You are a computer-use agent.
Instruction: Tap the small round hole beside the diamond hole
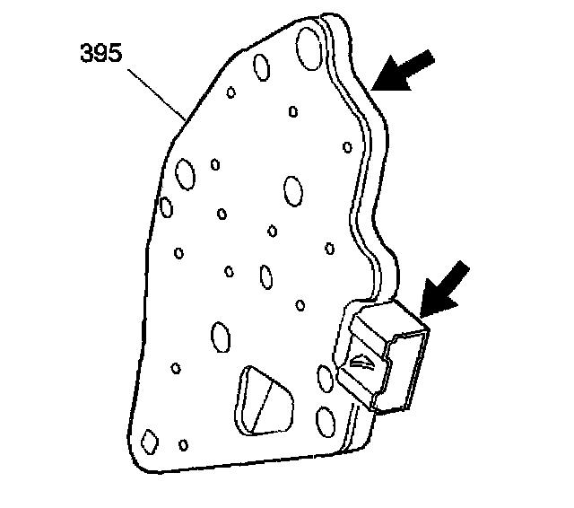(184, 444)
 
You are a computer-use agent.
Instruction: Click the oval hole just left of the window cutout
(220, 337)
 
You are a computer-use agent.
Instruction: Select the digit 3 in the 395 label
(88, 53)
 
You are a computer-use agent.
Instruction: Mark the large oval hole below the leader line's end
(186, 172)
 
